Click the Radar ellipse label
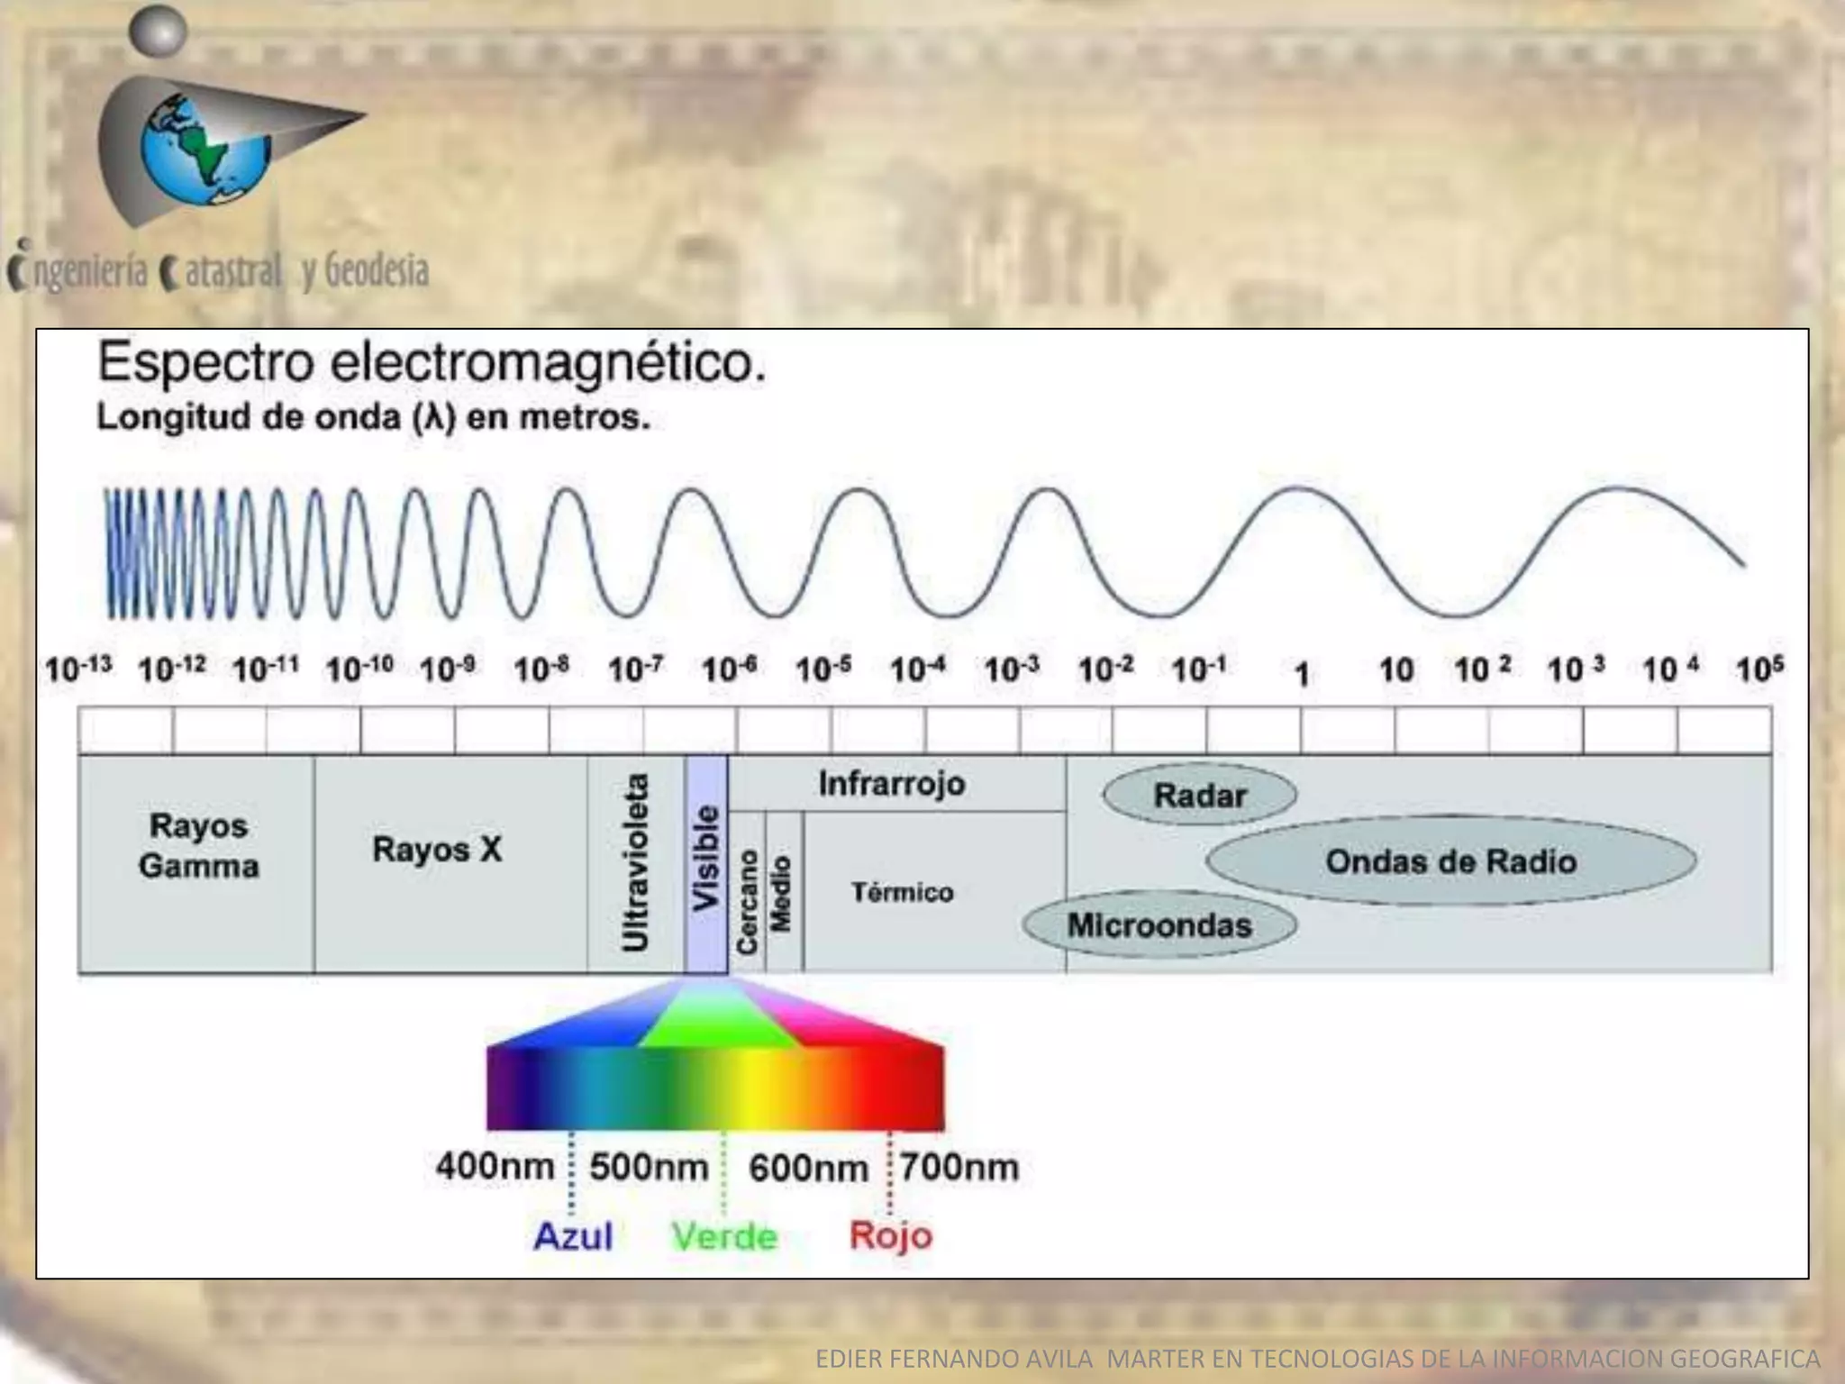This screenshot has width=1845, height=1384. pos(1199,796)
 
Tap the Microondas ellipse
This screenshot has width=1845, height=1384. pos(1159,925)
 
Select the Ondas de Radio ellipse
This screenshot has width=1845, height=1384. pos(1450,861)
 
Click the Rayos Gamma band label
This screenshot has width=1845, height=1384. pos(198,845)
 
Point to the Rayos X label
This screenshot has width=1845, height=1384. pos(437,849)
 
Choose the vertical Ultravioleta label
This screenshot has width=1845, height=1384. pos(636,862)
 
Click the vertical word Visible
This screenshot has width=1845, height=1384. pos(706,857)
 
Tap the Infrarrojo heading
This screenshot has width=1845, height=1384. pos(891,784)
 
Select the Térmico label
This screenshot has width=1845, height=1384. pos(902,892)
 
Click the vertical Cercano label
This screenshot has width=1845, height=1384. pos(747,901)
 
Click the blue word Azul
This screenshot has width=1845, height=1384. pos(573,1235)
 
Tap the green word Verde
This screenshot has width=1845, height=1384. pos(724,1236)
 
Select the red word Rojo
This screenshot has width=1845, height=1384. pos(890,1235)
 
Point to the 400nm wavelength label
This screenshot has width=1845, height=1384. pos(495,1166)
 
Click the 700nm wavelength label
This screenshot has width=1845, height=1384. pos(959,1167)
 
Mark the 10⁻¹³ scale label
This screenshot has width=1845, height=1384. pos(78,669)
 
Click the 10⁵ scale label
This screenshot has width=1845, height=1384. pos(1759,669)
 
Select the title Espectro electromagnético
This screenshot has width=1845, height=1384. pos(432,363)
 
